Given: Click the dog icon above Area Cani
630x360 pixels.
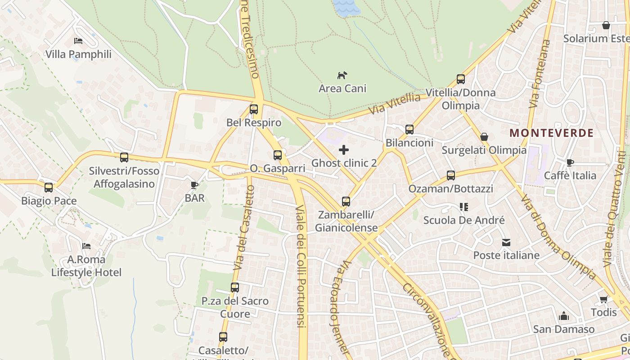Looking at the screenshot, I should coord(342,75).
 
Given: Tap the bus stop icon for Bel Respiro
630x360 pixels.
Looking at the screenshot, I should coord(254,109).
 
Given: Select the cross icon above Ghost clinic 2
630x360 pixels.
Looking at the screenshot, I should coord(344,150).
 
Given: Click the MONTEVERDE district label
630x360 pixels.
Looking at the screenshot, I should coord(552,133).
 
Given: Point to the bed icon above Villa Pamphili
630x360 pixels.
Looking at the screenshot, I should coord(78,41).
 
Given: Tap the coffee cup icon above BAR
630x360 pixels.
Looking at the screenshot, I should coord(194,185).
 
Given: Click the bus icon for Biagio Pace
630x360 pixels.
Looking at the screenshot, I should coord(49,188).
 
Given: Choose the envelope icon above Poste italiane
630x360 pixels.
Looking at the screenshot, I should coord(506,243).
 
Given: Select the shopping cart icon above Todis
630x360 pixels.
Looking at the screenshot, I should coord(603,299).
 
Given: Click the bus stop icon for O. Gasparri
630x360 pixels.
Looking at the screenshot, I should coord(278,155).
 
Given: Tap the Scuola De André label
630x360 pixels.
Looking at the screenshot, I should coord(464,220).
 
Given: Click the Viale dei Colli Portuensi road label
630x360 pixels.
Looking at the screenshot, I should coord(301,265).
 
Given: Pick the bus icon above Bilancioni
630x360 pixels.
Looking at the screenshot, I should coord(409,130).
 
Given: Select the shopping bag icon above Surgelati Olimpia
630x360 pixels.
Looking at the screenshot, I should coord(484,137).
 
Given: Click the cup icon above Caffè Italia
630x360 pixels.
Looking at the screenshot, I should coord(570,162).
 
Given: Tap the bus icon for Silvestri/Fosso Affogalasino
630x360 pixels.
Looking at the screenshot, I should coord(124,157).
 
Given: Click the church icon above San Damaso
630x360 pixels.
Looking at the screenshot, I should coord(564,316).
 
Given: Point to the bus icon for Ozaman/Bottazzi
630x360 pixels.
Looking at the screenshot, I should coord(451,175).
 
